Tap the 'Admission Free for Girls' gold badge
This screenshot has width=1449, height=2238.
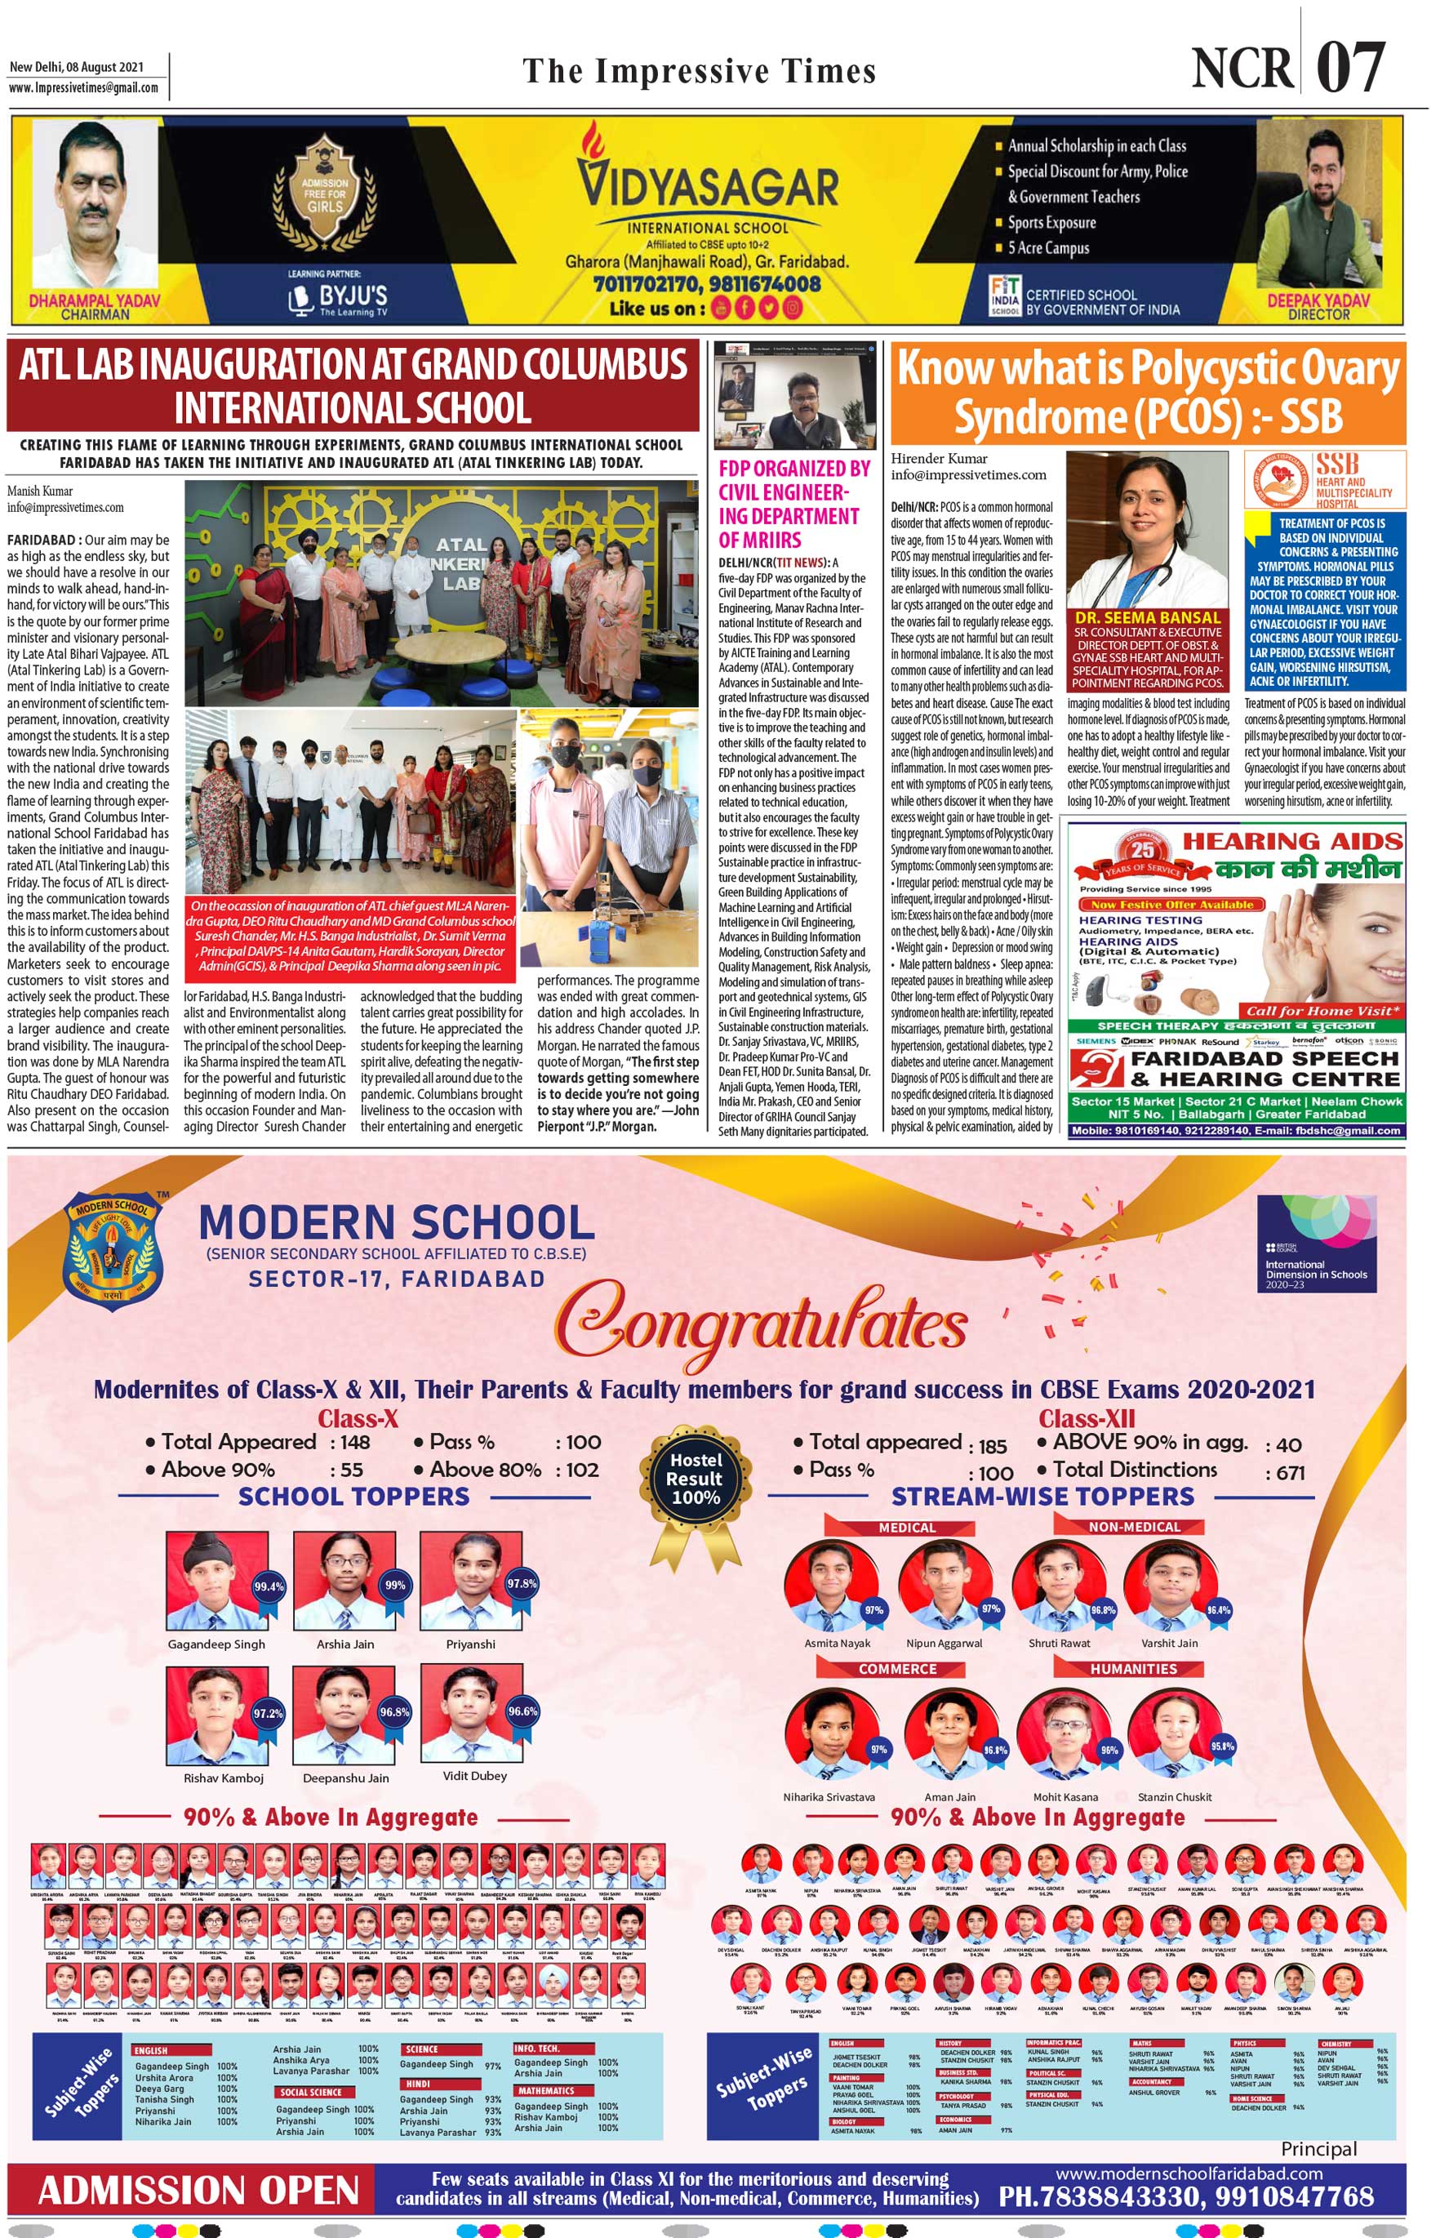point(324,194)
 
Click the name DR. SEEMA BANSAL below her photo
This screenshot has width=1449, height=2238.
point(1147,618)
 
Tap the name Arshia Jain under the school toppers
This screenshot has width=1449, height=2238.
point(345,1644)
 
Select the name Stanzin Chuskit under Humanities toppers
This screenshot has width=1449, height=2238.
point(1175,1796)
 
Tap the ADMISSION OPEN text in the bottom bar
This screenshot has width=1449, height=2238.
point(198,2190)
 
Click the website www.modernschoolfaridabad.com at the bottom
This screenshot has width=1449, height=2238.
point(1189,2173)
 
